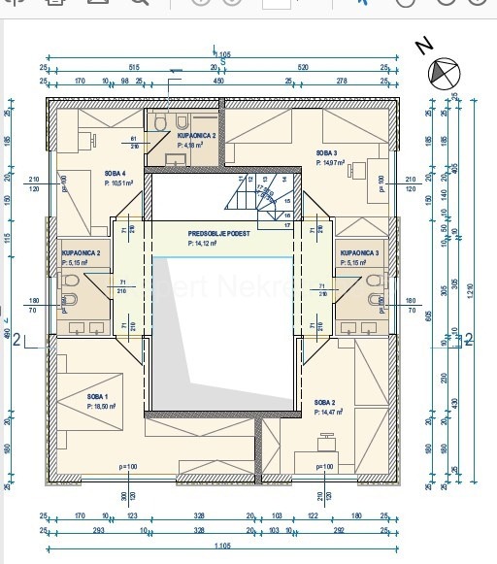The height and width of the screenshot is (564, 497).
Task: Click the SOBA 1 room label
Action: pos(97,397)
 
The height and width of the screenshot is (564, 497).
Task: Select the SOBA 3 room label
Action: pos(326,153)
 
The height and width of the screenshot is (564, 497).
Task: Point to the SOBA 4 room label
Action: pos(116,173)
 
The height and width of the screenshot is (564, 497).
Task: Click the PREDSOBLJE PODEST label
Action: pos(218,234)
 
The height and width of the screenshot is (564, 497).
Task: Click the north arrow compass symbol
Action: pos(443,73)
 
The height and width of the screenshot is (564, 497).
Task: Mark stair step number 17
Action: pos(287,225)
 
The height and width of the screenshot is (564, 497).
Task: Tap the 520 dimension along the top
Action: pos(303,68)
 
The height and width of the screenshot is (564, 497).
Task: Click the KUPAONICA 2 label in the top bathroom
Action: pos(196,137)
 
